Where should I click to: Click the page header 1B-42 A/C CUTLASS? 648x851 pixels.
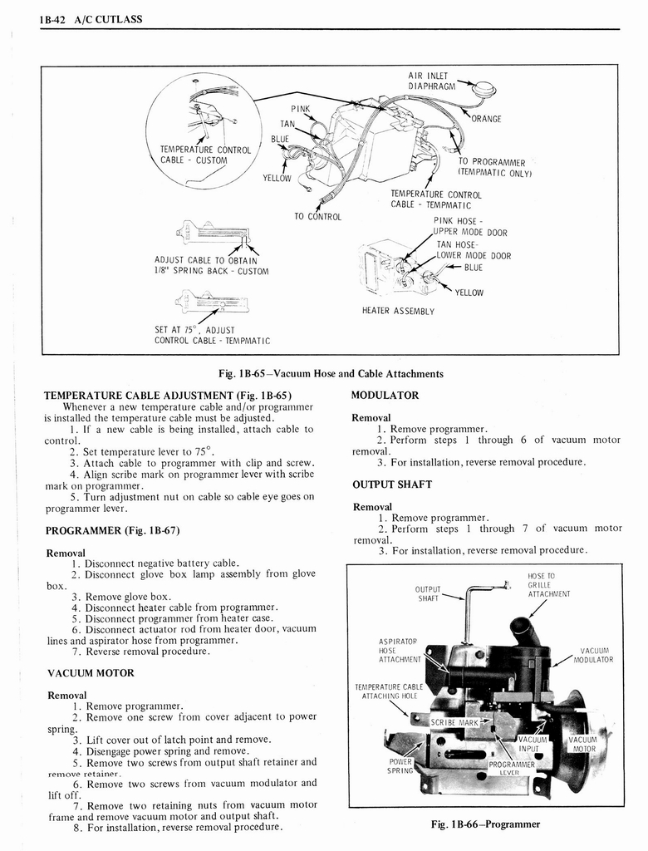(x=91, y=20)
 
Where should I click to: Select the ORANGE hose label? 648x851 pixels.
(x=486, y=119)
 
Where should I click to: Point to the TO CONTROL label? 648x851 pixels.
(x=312, y=216)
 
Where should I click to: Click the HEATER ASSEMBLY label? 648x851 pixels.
(x=398, y=311)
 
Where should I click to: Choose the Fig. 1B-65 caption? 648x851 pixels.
(x=330, y=374)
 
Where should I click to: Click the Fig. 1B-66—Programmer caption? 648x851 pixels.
(x=486, y=824)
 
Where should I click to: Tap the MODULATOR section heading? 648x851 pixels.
(x=385, y=395)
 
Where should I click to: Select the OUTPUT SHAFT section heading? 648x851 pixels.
(x=392, y=485)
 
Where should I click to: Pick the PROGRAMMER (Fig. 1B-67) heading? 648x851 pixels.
(x=112, y=530)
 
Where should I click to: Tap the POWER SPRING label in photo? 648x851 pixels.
(x=402, y=765)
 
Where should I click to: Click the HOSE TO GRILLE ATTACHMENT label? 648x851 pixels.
(x=548, y=585)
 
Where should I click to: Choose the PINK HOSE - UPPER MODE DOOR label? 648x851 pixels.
(x=469, y=227)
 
